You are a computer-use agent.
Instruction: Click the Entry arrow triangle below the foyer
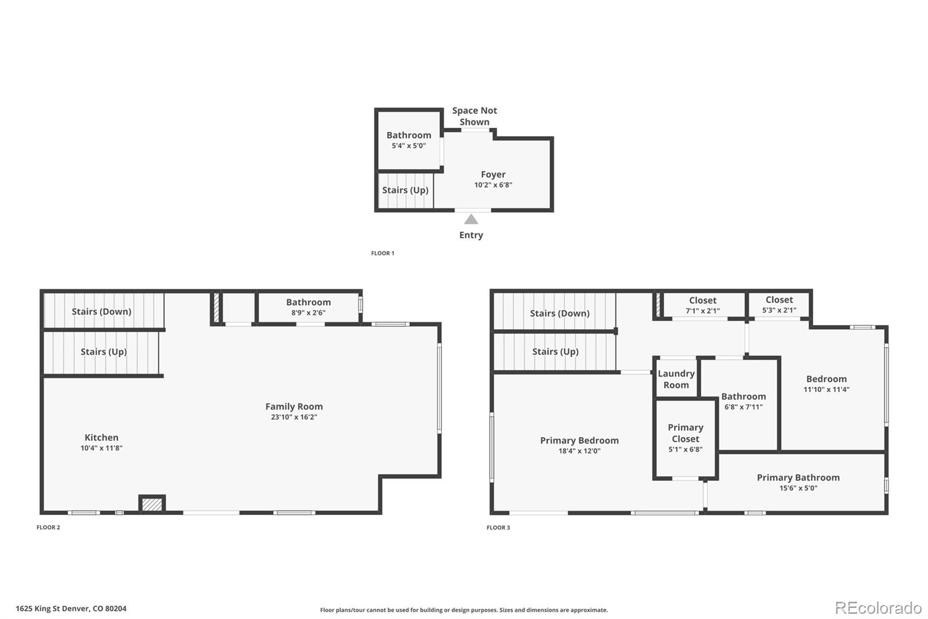click(471, 219)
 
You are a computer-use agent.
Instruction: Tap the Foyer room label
click(493, 174)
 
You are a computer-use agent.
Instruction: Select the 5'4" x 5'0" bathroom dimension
click(409, 146)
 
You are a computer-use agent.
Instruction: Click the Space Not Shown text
click(474, 116)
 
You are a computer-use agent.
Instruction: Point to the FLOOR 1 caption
click(382, 253)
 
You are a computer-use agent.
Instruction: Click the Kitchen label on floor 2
click(101, 437)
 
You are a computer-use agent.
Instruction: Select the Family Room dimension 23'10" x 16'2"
click(294, 417)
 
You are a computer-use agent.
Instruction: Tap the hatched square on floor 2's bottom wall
click(152, 504)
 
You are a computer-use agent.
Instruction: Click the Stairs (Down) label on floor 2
click(101, 311)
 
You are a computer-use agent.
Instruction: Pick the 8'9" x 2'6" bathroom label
click(309, 312)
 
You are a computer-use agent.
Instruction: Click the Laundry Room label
click(676, 379)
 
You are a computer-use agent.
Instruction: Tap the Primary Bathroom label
click(798, 477)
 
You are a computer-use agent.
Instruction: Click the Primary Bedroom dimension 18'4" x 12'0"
click(579, 451)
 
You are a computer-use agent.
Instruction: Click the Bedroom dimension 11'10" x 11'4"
click(826, 390)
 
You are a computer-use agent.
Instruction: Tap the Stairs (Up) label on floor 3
click(555, 351)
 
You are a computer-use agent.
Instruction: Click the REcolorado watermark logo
click(878, 608)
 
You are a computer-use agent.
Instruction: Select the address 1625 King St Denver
click(71, 609)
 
